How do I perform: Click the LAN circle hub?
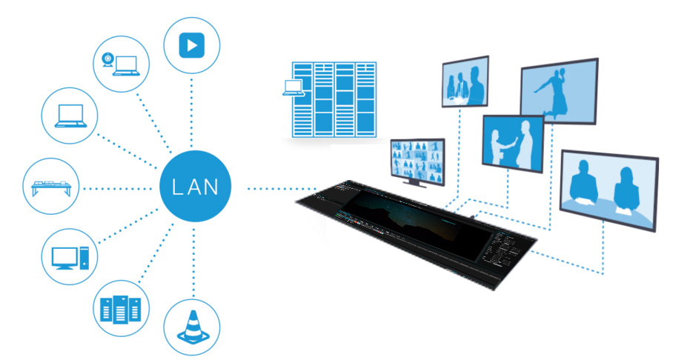coord(195,186)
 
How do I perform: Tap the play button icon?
coord(192,44)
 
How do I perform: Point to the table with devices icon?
coord(51,187)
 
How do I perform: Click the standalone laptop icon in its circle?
coord(70,116)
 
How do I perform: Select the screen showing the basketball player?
coord(559,91)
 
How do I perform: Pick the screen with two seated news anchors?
coord(609,190)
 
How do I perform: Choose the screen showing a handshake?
coord(513,144)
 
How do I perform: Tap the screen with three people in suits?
coord(465,81)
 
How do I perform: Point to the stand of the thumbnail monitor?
coord(415,182)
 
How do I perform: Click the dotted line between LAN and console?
coord(282,189)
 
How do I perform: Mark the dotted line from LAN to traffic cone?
coord(193,261)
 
